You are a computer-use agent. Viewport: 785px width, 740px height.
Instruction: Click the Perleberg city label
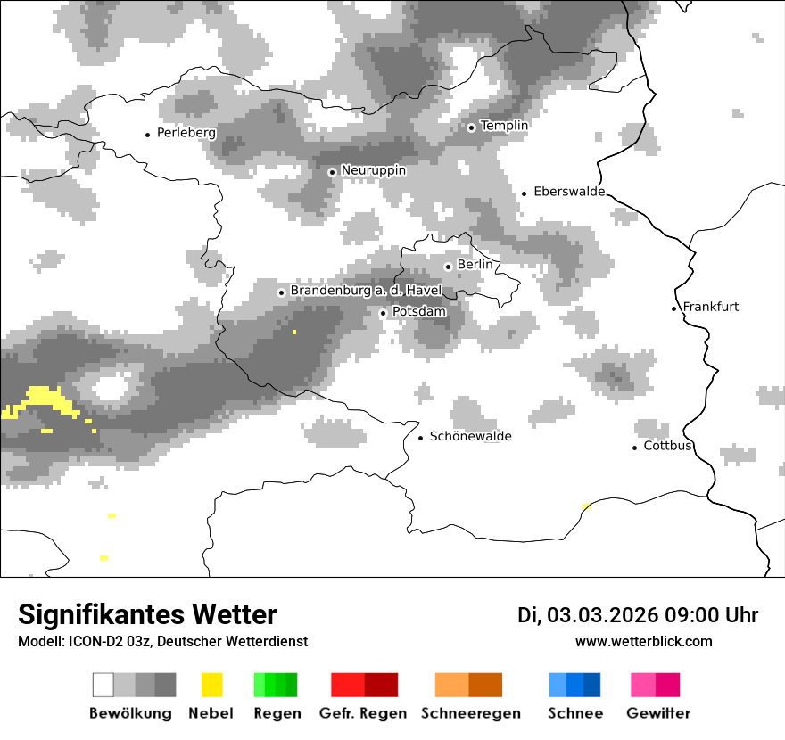coord(186,133)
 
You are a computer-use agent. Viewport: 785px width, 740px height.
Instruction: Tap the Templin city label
coord(504,126)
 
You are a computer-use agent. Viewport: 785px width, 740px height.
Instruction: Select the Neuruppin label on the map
coord(373,170)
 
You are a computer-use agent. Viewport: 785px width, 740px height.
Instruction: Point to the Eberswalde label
coord(569,192)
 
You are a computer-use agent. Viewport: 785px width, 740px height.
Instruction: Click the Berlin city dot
coord(448,266)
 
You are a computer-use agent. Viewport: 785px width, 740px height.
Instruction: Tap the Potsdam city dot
coord(383,313)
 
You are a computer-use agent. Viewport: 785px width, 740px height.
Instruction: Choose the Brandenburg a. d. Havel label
coord(366,291)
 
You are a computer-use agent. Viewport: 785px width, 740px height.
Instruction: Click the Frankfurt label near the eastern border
coord(711,307)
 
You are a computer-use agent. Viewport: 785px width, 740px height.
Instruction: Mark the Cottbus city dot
coord(635,448)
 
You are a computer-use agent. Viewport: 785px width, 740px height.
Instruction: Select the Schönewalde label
coord(470,436)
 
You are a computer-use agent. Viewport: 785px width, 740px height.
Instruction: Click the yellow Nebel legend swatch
coord(212,685)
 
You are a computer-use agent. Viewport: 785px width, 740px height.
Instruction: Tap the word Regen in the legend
coord(276,713)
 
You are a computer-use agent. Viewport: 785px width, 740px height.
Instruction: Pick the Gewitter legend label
coord(657,713)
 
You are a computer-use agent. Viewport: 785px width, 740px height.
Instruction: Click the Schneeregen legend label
coord(470,713)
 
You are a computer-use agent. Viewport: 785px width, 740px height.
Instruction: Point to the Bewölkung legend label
coord(130,713)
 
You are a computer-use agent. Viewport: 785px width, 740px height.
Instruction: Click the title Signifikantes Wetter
coord(147,615)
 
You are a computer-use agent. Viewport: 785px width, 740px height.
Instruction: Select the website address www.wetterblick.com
coord(643,642)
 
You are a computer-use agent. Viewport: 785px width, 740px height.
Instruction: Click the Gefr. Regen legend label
coord(362,713)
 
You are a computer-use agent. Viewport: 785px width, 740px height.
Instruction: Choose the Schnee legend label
coord(574,713)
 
